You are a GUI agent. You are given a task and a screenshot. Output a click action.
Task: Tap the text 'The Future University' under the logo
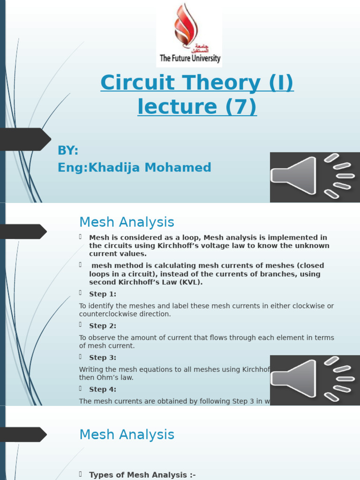pyautogui.click(x=190, y=59)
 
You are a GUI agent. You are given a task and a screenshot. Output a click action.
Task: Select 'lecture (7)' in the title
pyautogui.click(x=197, y=106)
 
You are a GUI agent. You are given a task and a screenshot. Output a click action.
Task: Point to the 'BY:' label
pyautogui.click(x=68, y=150)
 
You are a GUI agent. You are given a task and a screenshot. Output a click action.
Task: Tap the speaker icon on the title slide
pyautogui.click(x=315, y=177)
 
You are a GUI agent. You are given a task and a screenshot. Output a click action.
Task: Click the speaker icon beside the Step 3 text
pyautogui.click(x=315, y=380)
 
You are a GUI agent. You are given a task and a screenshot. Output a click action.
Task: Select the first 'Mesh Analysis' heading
pyautogui.click(x=127, y=222)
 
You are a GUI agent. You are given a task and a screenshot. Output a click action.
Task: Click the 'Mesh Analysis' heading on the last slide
pyautogui.click(x=127, y=435)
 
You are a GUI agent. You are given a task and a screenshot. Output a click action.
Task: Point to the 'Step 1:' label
pyautogui.click(x=103, y=294)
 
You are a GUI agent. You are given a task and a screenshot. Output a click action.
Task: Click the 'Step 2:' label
pyautogui.click(x=103, y=326)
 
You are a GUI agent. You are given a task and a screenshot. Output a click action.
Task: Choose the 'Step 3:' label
pyautogui.click(x=103, y=358)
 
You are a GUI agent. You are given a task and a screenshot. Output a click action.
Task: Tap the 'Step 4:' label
pyautogui.click(x=103, y=389)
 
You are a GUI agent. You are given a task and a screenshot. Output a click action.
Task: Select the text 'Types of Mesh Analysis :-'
pyautogui.click(x=142, y=475)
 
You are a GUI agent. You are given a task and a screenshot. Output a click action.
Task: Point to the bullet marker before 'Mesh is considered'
pyautogui.click(x=81, y=237)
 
